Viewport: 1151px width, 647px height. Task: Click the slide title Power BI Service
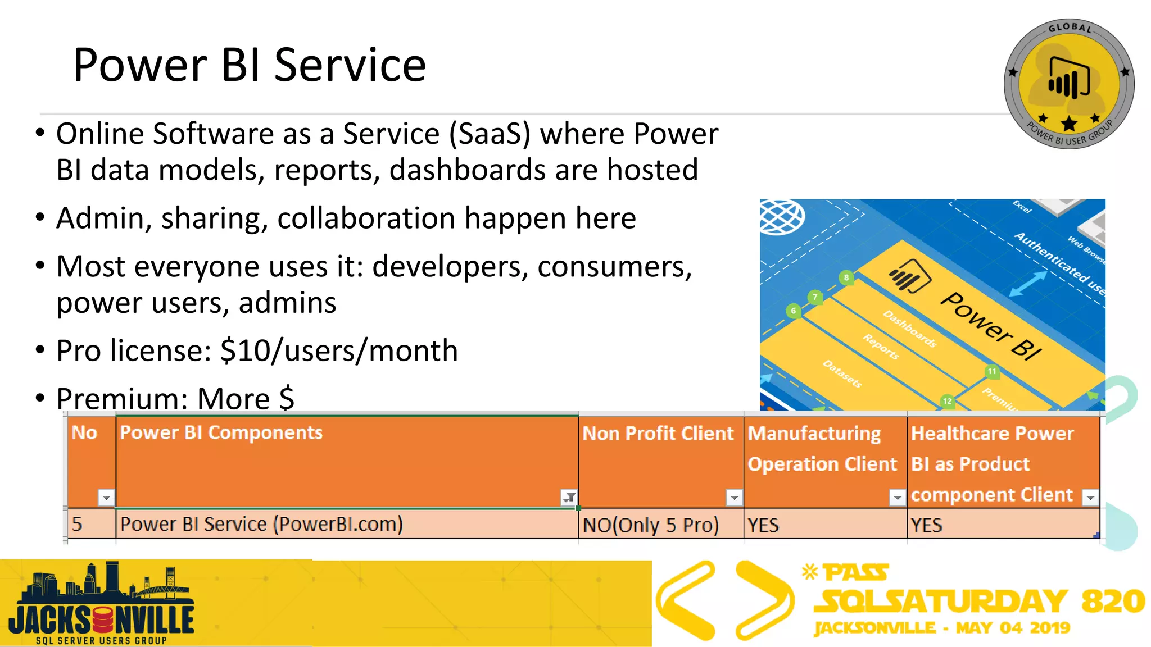coord(250,65)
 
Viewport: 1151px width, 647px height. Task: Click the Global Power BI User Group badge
coord(1068,85)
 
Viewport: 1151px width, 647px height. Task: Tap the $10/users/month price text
coord(339,351)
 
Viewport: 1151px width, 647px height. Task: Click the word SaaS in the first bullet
coord(490,134)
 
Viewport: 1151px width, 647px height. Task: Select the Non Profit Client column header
coord(658,434)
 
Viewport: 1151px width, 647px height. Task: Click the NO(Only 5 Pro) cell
coord(651,525)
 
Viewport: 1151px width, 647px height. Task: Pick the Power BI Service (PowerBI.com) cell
coord(261,525)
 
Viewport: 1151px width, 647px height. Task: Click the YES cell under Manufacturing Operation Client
coord(763,525)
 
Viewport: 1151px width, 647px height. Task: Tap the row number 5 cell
coord(78,525)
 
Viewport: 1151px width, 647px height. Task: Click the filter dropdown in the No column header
coord(106,498)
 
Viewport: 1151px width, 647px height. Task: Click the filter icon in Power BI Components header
coord(569,497)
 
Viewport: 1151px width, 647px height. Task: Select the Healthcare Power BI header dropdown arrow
coord(1090,498)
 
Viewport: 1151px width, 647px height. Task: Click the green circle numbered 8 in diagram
coord(846,277)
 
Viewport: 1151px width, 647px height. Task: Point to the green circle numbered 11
coord(992,372)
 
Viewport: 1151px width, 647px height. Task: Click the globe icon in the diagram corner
coord(781,217)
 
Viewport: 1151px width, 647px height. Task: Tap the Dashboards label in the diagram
coord(909,329)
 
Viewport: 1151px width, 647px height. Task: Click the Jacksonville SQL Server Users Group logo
coord(101,604)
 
